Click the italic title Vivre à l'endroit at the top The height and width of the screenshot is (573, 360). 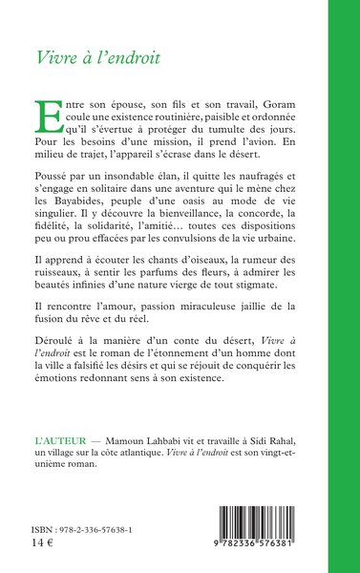pos(97,54)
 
